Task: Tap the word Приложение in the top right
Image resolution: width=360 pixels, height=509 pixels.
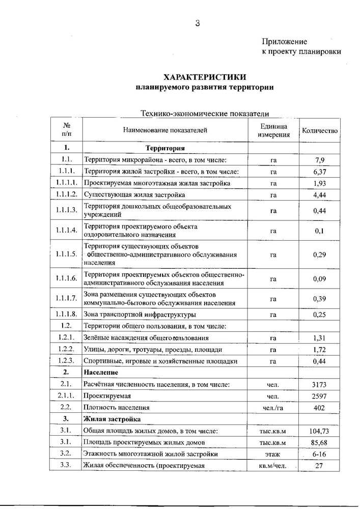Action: coord(285,41)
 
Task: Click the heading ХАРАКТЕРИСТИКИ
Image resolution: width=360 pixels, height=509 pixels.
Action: coord(205,77)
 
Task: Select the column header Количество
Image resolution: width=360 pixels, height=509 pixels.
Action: coord(320,130)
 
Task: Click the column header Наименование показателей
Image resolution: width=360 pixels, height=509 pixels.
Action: coord(165,130)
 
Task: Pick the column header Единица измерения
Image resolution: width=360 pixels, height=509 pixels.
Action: coord(273,130)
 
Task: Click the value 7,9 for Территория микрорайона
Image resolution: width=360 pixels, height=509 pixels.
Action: coord(320,160)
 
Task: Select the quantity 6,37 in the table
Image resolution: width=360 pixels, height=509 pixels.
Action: coord(320,172)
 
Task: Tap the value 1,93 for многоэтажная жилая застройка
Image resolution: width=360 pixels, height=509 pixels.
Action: coord(320,183)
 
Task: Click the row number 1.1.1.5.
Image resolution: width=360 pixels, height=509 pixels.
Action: coord(66,254)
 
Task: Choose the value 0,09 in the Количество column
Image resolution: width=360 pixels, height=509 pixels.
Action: coord(320,279)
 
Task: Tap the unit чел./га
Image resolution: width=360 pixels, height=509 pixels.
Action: coord(273,408)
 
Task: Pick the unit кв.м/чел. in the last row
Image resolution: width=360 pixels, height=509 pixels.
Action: coord(273,465)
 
